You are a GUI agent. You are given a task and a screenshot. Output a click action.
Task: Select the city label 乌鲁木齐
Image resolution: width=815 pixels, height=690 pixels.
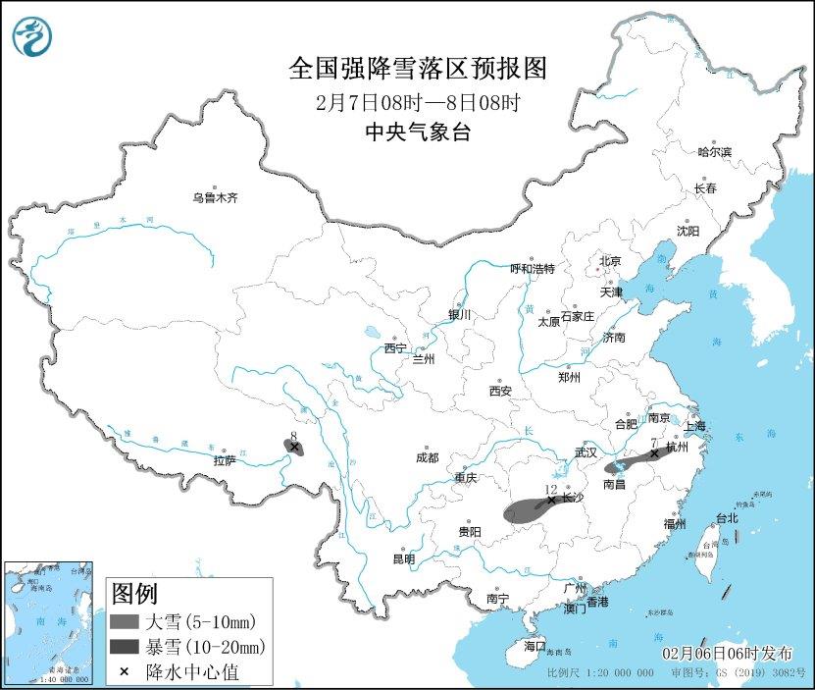pyautogui.click(x=215, y=197)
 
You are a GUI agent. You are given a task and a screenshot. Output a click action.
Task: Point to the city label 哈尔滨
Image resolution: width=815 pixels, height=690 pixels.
pyautogui.click(x=714, y=152)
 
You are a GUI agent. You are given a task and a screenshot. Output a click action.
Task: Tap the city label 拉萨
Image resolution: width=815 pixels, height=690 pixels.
pyautogui.click(x=224, y=460)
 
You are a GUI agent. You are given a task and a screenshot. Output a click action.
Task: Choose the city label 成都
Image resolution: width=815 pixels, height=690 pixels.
pyautogui.click(x=427, y=457)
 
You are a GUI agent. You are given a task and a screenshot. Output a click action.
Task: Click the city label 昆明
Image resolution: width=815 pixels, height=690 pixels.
pyautogui.click(x=403, y=558)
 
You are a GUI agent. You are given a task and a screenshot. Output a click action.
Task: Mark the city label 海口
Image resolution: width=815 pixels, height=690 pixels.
pyautogui.click(x=534, y=646)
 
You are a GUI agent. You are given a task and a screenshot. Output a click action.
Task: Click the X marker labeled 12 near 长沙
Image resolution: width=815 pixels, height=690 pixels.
pyautogui.click(x=551, y=500)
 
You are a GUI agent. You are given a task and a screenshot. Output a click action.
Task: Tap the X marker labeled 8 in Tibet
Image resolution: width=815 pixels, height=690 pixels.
pyautogui.click(x=293, y=447)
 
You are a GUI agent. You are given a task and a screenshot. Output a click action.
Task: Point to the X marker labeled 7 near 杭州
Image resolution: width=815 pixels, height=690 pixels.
pyautogui.click(x=654, y=453)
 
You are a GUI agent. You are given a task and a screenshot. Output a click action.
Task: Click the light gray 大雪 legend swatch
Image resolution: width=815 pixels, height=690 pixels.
pyautogui.click(x=125, y=621)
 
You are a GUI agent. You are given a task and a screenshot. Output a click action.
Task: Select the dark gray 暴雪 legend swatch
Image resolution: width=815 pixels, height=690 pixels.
pyautogui.click(x=125, y=647)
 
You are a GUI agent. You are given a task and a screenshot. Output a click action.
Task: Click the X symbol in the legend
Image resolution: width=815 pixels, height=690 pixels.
pyautogui.click(x=125, y=672)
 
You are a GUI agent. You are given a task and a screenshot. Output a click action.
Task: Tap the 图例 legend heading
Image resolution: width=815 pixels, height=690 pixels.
pyautogui.click(x=133, y=593)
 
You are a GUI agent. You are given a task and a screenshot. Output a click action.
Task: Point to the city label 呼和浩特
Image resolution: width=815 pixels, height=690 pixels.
pyautogui.click(x=533, y=268)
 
